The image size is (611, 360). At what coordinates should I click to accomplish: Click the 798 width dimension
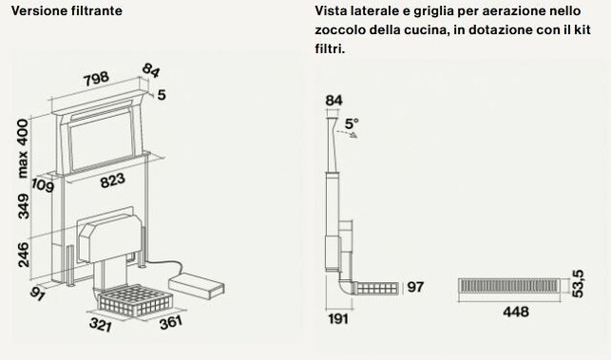(96, 78)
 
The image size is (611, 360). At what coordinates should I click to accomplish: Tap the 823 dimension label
(113, 180)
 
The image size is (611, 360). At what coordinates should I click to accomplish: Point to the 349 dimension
(23, 206)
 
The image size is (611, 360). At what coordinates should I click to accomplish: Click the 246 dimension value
(23, 255)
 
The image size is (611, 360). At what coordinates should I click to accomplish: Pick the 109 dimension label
(42, 185)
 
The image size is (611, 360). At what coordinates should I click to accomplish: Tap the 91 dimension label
(37, 294)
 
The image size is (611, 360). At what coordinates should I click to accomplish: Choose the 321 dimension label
(100, 324)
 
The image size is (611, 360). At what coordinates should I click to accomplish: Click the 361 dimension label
(171, 322)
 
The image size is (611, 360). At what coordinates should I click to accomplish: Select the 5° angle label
(352, 123)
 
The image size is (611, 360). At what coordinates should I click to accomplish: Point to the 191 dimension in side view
(338, 319)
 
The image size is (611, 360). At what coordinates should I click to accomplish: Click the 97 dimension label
(415, 287)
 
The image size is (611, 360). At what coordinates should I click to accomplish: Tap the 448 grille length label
(516, 312)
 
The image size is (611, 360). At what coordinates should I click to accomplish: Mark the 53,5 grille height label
(578, 284)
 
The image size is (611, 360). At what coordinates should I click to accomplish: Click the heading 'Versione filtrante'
(67, 10)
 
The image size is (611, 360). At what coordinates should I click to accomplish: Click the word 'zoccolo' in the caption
(340, 29)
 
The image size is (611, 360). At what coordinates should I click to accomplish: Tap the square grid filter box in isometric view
(135, 299)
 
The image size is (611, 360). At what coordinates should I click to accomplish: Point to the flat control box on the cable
(196, 286)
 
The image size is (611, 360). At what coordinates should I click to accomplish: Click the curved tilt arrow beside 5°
(348, 133)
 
